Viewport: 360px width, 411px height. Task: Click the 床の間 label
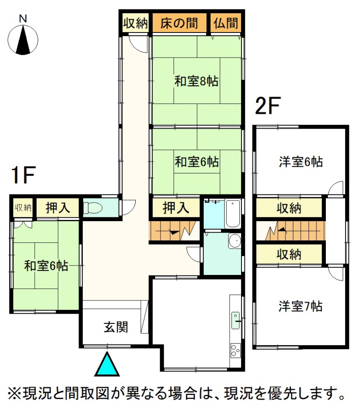pyautogui.click(x=179, y=23)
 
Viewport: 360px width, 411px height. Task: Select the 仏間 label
pyautogui.click(x=225, y=23)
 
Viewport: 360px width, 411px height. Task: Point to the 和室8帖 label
pyautogui.click(x=197, y=81)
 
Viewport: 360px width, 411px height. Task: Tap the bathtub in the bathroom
pyautogui.click(x=233, y=214)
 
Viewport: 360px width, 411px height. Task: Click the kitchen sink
pyautogui.click(x=235, y=320)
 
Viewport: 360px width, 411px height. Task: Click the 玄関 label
pyautogui.click(x=116, y=327)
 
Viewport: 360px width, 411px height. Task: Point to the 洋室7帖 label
pyautogui.click(x=300, y=306)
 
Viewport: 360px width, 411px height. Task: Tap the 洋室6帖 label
pyautogui.click(x=301, y=162)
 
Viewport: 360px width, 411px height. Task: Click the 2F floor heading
pyautogui.click(x=268, y=106)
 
